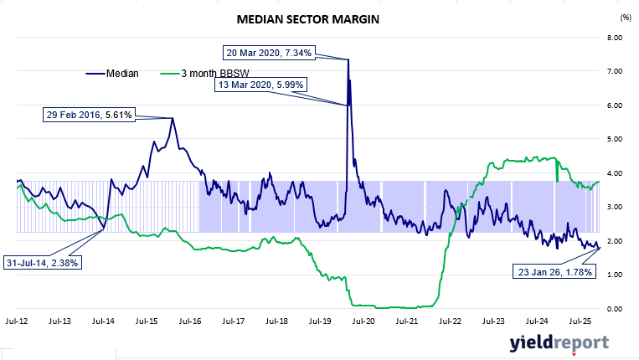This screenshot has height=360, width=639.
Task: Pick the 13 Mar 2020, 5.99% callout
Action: (x=260, y=85)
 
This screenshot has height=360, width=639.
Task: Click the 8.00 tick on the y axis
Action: (x=615, y=38)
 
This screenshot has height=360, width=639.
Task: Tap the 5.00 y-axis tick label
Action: (x=615, y=139)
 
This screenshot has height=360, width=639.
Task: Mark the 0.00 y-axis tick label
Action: (x=615, y=309)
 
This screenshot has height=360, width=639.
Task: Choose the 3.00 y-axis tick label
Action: (x=615, y=207)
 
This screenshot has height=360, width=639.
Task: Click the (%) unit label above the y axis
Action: (x=625, y=17)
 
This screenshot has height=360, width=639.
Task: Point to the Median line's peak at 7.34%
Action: (x=348, y=59)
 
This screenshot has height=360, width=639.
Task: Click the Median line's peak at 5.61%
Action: (x=173, y=118)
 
